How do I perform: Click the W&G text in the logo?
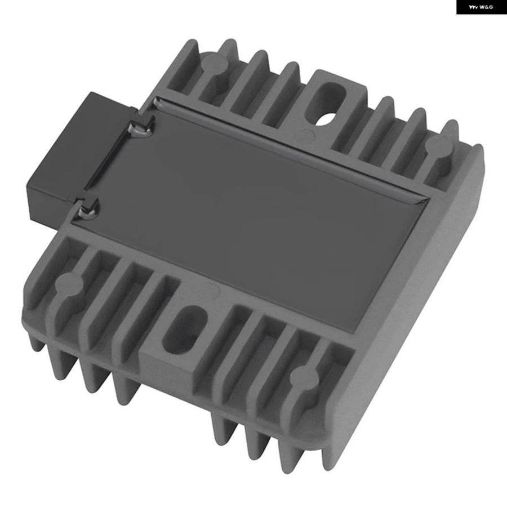[x=486, y=7]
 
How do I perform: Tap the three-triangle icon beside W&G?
[x=474, y=7]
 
